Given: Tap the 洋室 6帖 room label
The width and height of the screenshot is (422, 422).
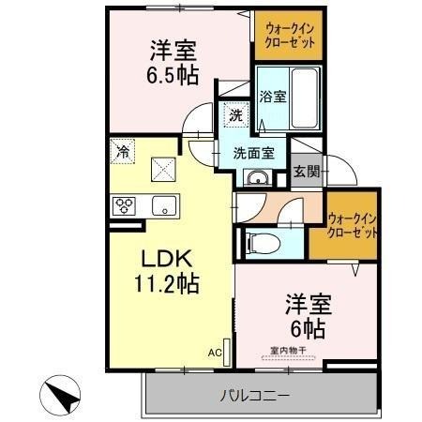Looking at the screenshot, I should (x=305, y=315).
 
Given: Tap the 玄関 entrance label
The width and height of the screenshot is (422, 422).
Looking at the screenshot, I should (x=305, y=172).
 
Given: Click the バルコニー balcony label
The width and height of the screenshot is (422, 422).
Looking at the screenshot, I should (x=256, y=394).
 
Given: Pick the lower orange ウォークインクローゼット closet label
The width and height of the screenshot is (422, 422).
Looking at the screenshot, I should (x=353, y=225).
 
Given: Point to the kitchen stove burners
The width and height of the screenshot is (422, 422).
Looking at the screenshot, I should (x=125, y=204).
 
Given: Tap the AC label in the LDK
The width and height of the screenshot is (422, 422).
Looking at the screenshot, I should (x=215, y=354).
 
